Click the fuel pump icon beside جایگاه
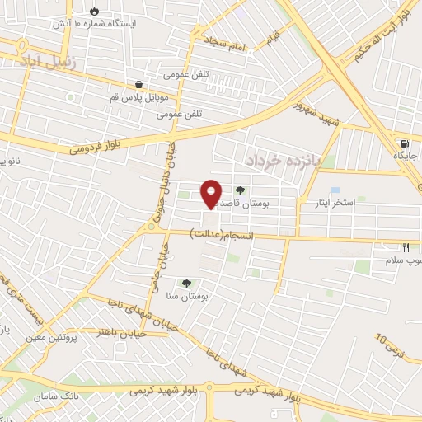click(x=402, y=140)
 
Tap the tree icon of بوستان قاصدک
click(x=240, y=190)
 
